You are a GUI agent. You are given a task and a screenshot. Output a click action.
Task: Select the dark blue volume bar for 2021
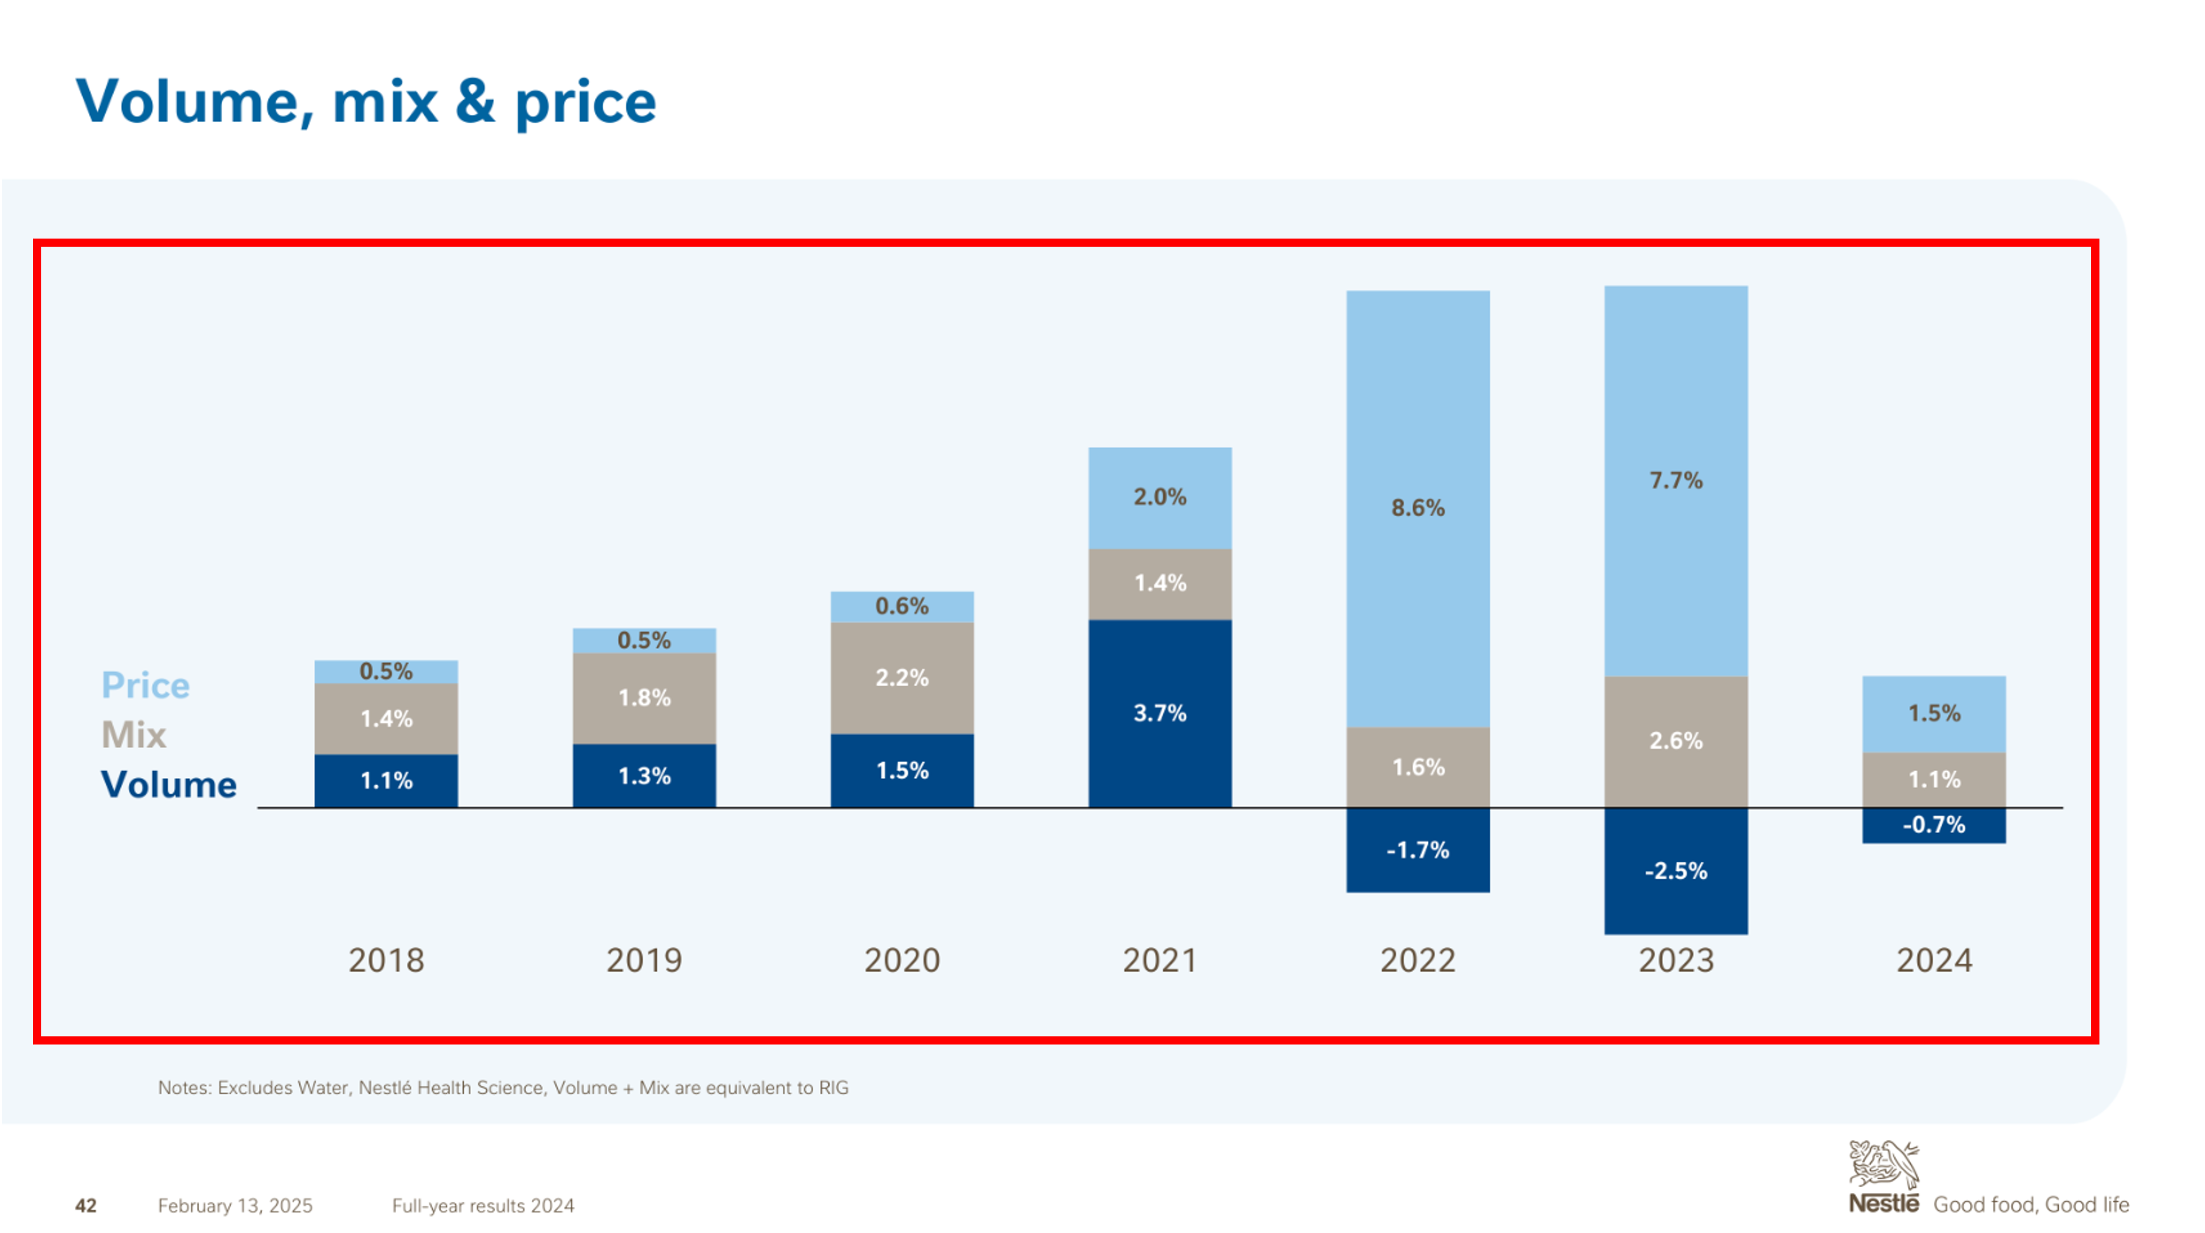pos(1160,745)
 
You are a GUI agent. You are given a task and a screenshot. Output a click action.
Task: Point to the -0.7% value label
pos(1934,825)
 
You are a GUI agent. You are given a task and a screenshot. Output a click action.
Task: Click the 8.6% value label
pos(1417,508)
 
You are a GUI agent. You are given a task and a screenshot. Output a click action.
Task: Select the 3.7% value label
pos(1160,713)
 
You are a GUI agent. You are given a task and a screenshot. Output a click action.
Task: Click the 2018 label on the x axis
pos(386,960)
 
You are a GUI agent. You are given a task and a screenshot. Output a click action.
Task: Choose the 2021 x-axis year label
pos(1160,960)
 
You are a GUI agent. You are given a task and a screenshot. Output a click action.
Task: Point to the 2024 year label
pos(1934,960)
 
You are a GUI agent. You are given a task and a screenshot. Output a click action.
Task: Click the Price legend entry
pos(146,685)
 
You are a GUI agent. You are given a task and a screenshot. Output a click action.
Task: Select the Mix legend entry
pos(133,734)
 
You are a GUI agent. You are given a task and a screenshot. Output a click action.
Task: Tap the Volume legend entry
pos(169,784)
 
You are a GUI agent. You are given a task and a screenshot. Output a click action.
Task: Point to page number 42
pos(85,1206)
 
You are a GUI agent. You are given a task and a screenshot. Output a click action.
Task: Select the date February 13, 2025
pos(235,1206)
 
